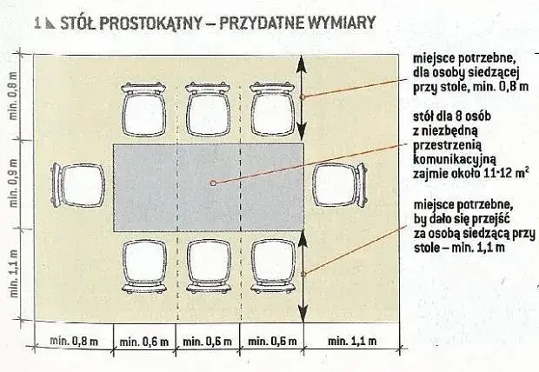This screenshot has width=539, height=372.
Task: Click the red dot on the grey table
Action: (x=211, y=183)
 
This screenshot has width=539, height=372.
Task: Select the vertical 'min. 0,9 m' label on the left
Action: (x=12, y=185)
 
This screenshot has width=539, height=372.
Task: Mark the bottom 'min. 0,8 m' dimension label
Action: (x=73, y=342)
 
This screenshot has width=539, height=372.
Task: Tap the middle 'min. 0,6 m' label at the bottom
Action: (x=209, y=342)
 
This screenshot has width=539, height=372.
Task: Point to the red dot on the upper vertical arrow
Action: (x=302, y=97)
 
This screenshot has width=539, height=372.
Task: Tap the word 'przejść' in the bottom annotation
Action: (x=489, y=219)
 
